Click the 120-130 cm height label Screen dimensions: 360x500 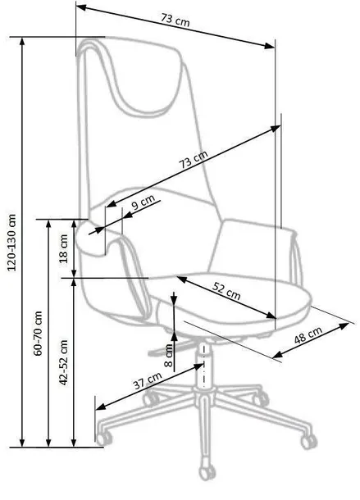pos(11,243)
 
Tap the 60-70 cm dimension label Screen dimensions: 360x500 pos(38,334)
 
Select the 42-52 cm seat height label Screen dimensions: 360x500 pos(64,362)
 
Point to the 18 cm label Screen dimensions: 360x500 pos(64,248)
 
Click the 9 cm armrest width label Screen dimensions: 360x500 pos(143,202)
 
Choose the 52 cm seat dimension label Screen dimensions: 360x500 pos(226,291)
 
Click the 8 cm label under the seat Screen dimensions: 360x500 pos(169,355)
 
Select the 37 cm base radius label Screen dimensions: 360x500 pos(148,380)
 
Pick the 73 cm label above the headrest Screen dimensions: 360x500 pos(175,20)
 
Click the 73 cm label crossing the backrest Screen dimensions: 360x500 pos(194,159)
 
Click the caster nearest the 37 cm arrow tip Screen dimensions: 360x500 pos(103,439)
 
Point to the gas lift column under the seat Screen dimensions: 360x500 pos(203,363)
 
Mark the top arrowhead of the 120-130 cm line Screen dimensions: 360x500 pos(22,41)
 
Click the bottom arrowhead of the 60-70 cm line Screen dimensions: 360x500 pos(48,443)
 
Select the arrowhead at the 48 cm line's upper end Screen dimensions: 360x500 pos(344,326)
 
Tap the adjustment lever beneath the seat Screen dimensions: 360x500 pos(172,348)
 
